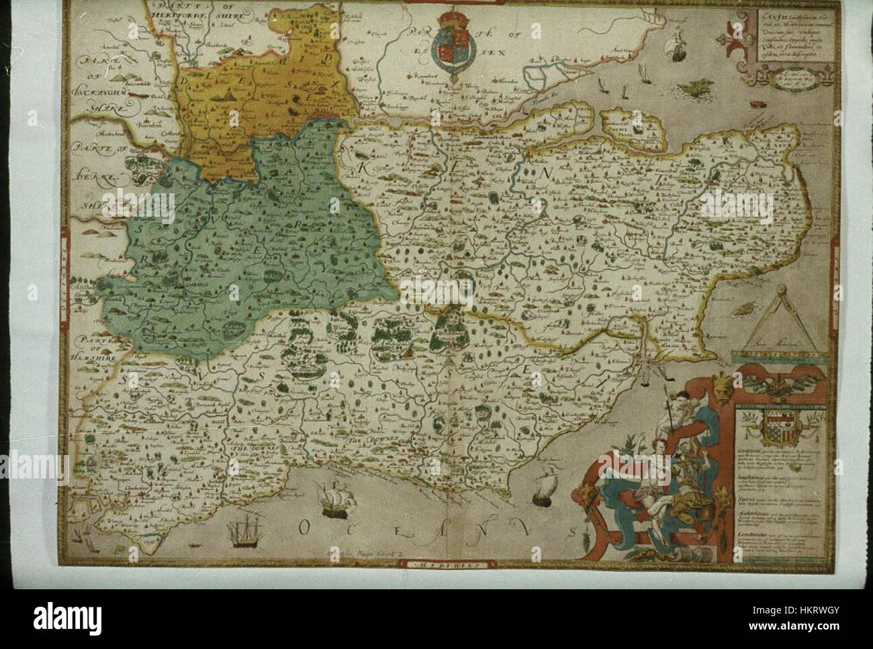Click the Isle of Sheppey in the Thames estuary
tap(649, 128)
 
